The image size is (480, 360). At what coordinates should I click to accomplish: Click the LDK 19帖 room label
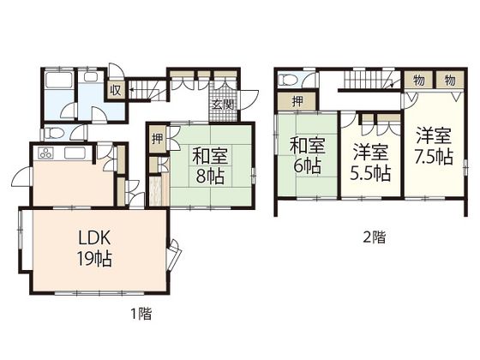point(94,249)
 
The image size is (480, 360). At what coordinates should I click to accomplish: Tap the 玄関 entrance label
point(223,105)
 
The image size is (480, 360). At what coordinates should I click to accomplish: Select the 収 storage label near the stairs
point(116,91)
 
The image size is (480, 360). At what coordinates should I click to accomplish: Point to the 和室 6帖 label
point(308,155)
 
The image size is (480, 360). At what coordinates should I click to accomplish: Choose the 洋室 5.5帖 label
point(370,163)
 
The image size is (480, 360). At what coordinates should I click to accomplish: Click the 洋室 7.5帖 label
point(434,147)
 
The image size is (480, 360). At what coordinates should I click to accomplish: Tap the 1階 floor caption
point(141,314)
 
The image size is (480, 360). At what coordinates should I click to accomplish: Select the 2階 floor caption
point(374,237)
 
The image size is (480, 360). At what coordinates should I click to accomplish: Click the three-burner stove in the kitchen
point(45,153)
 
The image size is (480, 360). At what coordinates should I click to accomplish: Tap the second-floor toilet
point(290,80)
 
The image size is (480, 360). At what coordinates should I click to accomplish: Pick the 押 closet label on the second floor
point(297,101)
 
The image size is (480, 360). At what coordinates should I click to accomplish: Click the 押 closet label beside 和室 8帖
point(158,139)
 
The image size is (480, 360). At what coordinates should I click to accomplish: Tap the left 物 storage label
point(418,81)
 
